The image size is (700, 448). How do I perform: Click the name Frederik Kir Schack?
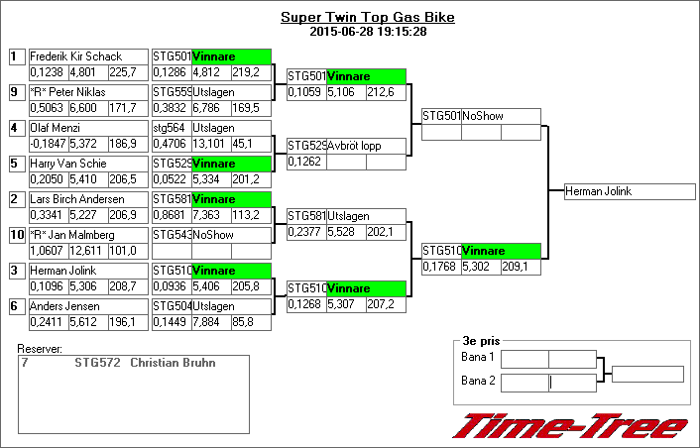pyautogui.click(x=74, y=56)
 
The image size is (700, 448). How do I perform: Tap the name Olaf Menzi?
pyautogui.click(x=56, y=128)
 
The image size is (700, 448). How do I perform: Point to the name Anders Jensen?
pyautogui.click(x=62, y=306)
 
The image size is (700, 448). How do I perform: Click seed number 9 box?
pyautogui.click(x=15, y=92)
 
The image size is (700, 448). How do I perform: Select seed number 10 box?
pyautogui.click(x=15, y=235)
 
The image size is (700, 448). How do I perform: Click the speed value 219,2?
pyautogui.click(x=246, y=71)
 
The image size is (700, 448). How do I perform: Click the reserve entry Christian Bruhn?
pyautogui.click(x=173, y=363)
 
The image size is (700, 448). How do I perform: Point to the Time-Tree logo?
pyautogui.click(x=569, y=426)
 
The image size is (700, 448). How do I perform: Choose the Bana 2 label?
pyautogui.click(x=478, y=380)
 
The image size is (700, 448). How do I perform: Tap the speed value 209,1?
pyautogui.click(x=515, y=266)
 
